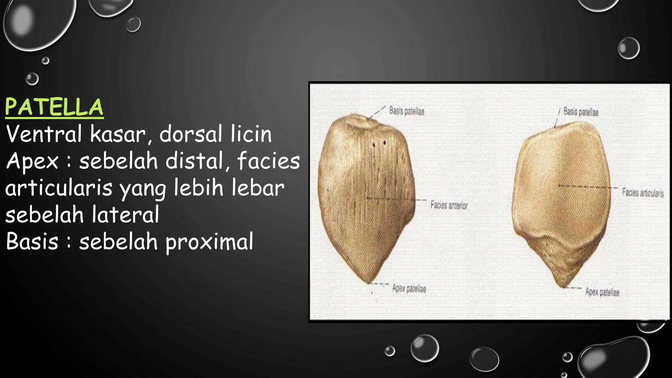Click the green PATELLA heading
point(54,107)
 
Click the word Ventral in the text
point(44,134)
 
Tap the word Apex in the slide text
point(32,161)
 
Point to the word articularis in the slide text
point(59,188)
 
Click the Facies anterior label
point(449,205)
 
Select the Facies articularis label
point(643,193)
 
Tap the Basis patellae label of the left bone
point(407,111)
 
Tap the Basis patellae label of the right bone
point(581,112)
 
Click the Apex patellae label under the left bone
point(409,289)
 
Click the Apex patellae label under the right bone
point(602,292)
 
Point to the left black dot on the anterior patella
point(373,143)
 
